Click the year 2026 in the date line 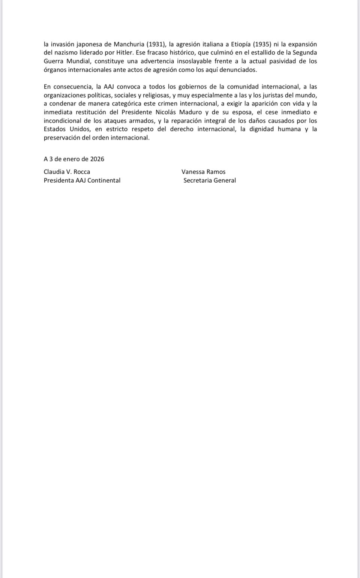click(x=97, y=159)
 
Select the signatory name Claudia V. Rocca click(x=67, y=172)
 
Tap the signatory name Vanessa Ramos click(x=203, y=172)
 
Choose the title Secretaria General click(x=210, y=180)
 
